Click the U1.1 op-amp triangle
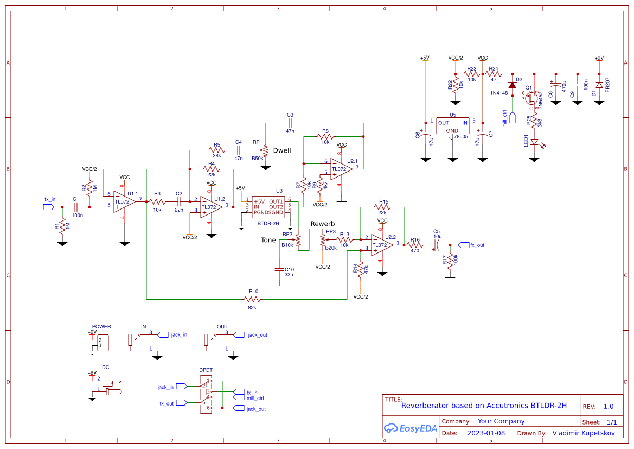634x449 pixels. tap(124, 201)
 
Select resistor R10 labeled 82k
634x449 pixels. tap(253, 299)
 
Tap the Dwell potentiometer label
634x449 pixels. tap(282, 150)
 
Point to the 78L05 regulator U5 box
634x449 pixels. tap(452, 126)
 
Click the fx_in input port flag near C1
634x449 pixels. tap(49, 207)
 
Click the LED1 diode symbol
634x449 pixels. tap(535, 143)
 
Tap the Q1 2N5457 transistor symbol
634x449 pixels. tap(532, 98)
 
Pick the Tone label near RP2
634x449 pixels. tap(268, 240)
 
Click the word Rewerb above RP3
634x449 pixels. tap(322, 224)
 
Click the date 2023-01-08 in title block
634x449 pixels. tap(486, 433)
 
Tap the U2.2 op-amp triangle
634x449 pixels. tap(383, 245)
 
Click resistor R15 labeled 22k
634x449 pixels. tap(383, 206)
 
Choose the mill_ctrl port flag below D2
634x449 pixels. tap(511, 116)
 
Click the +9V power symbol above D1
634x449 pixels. tap(599, 59)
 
